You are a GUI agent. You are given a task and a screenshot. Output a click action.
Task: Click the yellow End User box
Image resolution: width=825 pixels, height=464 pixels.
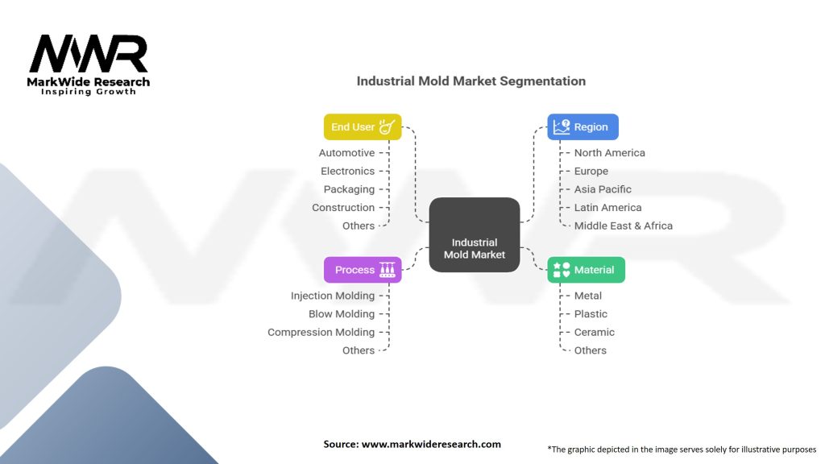point(362,127)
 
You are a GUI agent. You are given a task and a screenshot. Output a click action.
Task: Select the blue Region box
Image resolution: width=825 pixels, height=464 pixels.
point(583,127)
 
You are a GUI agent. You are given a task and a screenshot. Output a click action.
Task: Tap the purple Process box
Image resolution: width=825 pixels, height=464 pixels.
point(363,270)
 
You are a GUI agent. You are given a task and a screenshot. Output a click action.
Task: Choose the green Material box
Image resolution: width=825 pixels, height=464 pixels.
point(586,270)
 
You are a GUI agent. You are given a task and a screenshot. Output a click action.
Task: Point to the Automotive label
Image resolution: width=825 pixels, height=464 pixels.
point(346,153)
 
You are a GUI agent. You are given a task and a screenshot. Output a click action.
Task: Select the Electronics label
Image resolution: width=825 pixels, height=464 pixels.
point(347,171)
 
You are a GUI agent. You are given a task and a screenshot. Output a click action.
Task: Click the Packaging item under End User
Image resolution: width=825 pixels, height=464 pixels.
point(349,189)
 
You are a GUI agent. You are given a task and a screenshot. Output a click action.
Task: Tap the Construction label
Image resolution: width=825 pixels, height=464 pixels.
point(343,208)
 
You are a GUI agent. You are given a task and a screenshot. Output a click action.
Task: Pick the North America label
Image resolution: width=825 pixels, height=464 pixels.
point(609,153)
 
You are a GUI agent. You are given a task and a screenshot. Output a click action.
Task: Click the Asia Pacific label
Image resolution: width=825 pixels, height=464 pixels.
point(603,189)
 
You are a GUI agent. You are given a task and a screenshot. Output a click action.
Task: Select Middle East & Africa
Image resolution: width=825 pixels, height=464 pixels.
point(623,226)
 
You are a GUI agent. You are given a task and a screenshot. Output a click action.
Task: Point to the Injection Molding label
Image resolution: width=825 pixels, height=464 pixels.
point(333,296)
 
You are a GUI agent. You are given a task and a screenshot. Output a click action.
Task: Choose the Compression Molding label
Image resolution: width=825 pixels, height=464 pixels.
point(321,332)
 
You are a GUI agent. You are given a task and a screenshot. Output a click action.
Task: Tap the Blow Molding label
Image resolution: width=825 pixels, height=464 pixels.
point(342,314)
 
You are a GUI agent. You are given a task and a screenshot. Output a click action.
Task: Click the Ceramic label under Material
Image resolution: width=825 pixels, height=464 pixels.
point(594,332)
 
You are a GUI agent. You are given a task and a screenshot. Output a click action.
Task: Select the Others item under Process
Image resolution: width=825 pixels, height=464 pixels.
point(358,350)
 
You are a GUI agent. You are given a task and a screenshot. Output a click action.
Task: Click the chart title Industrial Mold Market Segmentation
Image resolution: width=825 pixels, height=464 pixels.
point(471,81)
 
